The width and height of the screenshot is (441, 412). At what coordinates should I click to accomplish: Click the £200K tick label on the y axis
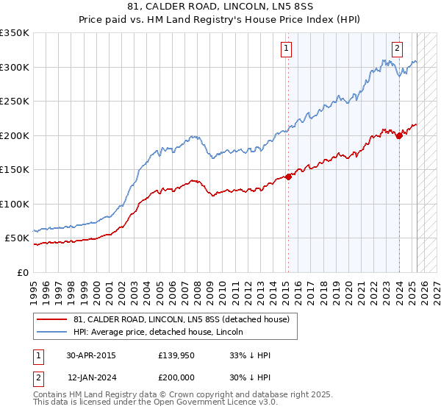point(15,135)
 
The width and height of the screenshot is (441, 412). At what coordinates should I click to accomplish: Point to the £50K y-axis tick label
point(17,238)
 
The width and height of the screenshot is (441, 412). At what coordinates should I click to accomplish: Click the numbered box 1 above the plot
point(285,49)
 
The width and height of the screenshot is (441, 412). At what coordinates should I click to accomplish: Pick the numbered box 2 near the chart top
point(397,49)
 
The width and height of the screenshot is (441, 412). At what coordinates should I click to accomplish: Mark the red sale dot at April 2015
point(289,176)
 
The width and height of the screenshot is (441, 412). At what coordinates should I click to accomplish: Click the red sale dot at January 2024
point(399,135)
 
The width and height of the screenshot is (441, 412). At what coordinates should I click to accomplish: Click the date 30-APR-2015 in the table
point(91,355)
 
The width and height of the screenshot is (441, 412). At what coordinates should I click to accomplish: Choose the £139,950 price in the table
point(177,355)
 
